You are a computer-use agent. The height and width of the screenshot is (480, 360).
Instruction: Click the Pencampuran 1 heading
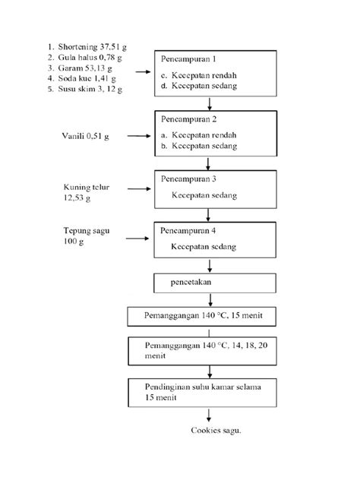click(x=188, y=59)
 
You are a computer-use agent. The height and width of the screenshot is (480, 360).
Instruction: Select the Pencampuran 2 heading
click(x=188, y=120)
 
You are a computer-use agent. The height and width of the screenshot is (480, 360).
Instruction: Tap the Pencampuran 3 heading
click(x=188, y=179)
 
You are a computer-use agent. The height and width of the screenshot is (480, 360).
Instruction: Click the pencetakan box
click(x=207, y=283)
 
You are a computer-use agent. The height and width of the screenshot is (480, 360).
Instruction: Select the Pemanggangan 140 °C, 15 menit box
click(x=207, y=315)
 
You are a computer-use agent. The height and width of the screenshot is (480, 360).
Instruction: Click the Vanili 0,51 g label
click(x=85, y=136)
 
